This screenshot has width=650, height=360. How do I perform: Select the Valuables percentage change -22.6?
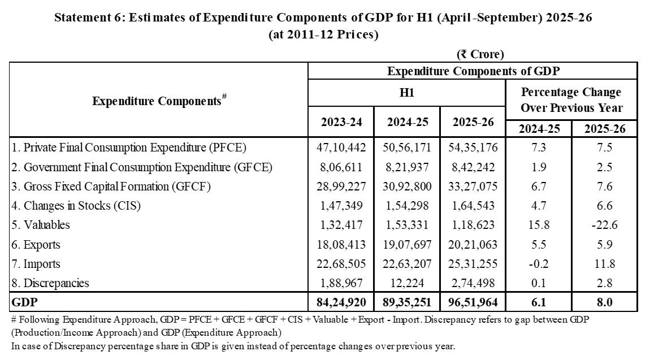tap(604, 225)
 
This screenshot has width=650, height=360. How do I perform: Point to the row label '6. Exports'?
tap(35, 245)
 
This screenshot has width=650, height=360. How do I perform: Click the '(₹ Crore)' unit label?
tap(480, 54)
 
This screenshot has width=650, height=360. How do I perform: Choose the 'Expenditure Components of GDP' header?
tap(473, 71)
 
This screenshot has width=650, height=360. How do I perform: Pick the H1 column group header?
tap(406, 93)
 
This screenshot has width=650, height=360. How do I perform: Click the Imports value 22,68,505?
tap(341, 264)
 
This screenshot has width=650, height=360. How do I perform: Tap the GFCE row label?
tap(142, 167)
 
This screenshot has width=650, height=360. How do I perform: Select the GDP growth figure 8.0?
tap(604, 302)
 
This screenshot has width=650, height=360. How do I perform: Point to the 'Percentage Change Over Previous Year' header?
tap(571, 99)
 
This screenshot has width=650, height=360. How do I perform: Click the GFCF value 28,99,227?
tap(341, 186)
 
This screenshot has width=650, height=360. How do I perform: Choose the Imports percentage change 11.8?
tap(604, 264)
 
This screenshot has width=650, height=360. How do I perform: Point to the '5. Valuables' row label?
tap(40, 225)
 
